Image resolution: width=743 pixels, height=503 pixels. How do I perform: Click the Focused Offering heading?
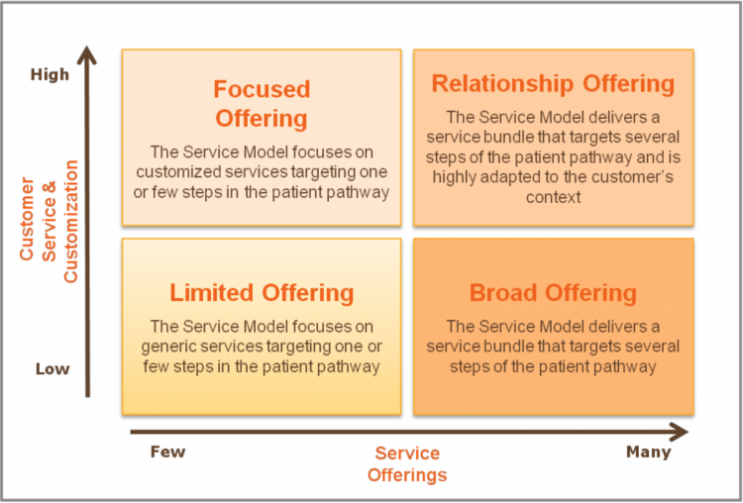262,104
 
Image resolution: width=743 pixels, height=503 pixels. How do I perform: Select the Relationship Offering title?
553,84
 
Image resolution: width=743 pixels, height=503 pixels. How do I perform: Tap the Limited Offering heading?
262,293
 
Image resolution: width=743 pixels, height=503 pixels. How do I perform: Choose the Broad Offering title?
553,293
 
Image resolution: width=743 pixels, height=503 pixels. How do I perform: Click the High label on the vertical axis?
50,74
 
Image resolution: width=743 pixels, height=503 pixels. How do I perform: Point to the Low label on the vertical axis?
53,369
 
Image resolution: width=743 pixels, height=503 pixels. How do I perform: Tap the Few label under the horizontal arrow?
167,452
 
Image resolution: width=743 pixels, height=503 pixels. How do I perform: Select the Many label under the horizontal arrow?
649,453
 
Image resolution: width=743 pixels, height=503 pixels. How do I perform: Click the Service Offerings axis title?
407,463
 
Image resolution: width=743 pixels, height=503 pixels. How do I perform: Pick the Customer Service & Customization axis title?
49,222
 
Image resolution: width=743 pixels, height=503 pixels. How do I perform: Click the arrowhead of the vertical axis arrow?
87,54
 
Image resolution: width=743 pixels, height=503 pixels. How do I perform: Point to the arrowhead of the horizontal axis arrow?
680,432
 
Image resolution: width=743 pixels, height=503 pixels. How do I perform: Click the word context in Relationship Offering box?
553,197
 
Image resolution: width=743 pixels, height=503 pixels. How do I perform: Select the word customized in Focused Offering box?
178,172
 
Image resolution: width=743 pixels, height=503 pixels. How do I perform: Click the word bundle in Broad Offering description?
509,347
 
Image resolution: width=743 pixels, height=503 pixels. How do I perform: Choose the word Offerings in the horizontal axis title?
407,474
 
